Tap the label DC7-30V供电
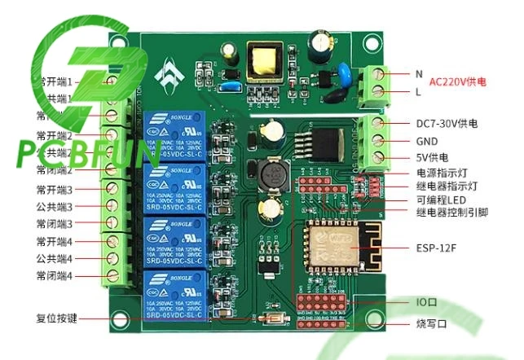pyautogui.click(x=447, y=124)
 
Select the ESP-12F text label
pyautogui.click(x=437, y=245)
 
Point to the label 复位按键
pyautogui.click(x=56, y=318)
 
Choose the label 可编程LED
pyautogui.click(x=442, y=200)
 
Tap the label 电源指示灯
pyautogui.click(x=441, y=173)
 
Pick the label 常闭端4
pyautogui.click(x=55, y=276)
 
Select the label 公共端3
pyautogui.click(x=55, y=206)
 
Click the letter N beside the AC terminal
pyautogui.click(x=419, y=73)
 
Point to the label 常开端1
pyautogui.click(x=55, y=81)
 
